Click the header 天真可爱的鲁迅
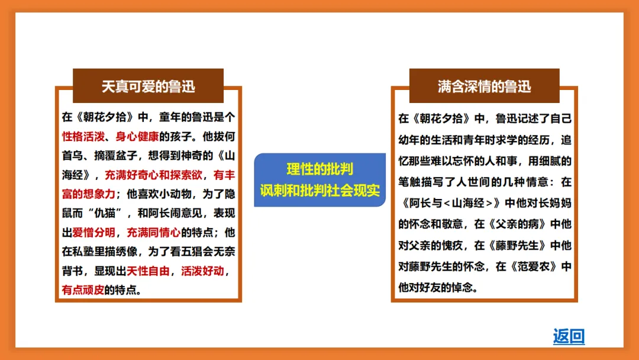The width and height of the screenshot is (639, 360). tap(148, 86)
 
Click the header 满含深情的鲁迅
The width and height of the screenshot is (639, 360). tap(484, 86)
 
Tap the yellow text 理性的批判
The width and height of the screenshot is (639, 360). tap(319, 169)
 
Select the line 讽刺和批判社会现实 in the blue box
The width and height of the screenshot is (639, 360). tap(319, 191)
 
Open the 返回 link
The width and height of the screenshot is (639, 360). tap(569, 336)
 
